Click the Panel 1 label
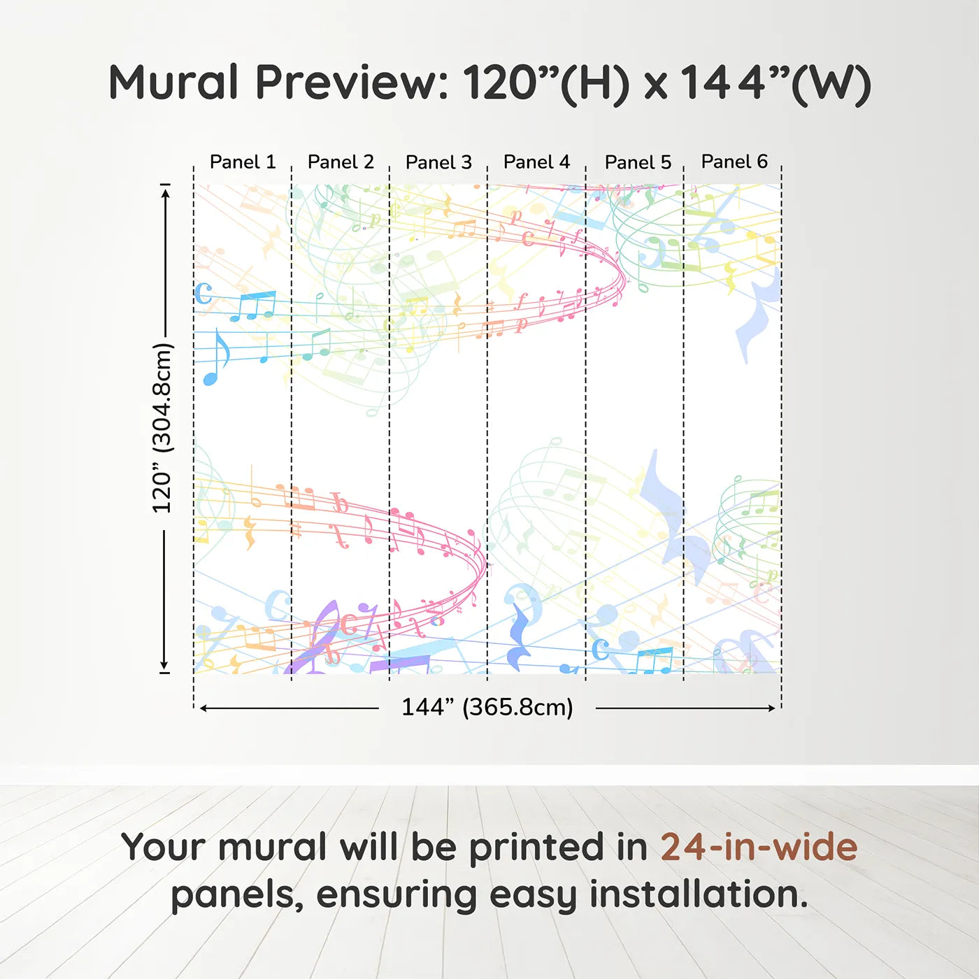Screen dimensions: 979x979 [x=243, y=162]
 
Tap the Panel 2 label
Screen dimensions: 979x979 [x=341, y=162]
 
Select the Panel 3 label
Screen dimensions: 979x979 [x=439, y=162]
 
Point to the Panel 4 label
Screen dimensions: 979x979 [x=537, y=162]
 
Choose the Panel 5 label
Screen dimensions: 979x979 [x=638, y=162]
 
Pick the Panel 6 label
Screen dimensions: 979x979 [x=735, y=162]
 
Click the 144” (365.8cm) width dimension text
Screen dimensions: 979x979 [x=487, y=707]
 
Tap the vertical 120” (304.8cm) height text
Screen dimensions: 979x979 [x=163, y=428]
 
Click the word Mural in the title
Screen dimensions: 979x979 [x=173, y=83]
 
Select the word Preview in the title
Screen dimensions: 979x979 [x=352, y=83]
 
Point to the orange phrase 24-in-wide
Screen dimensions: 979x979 [x=759, y=847]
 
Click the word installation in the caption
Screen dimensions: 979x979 [x=699, y=894]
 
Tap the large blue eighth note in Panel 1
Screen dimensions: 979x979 [x=215, y=357]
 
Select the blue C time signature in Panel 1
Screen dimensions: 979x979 [x=203, y=293]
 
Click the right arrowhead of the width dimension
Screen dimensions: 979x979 [x=771, y=708]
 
